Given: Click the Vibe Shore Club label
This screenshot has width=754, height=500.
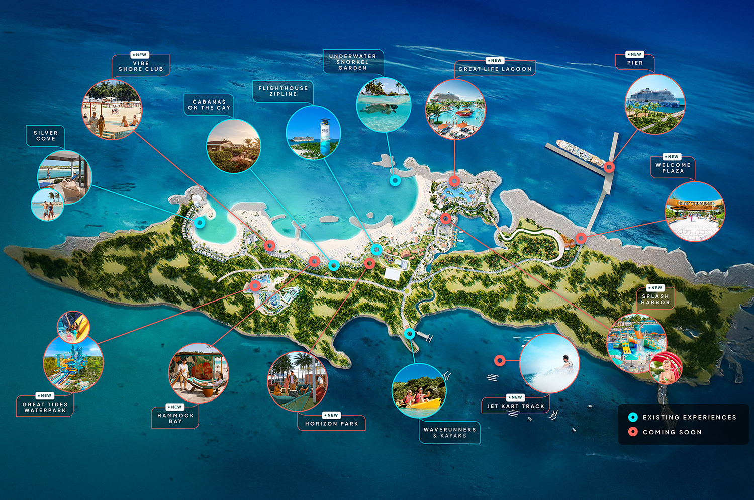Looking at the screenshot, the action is (x=141, y=66).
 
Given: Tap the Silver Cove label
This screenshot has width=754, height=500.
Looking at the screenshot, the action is (x=46, y=136).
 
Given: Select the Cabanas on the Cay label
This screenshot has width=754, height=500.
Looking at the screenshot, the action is (x=209, y=105).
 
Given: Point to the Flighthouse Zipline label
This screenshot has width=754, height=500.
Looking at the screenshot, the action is (x=283, y=91).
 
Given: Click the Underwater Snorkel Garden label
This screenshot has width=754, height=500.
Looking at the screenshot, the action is (x=352, y=62).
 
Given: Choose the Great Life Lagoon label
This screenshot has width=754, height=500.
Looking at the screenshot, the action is (x=495, y=69).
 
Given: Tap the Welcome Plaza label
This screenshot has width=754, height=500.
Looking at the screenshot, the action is (x=673, y=168).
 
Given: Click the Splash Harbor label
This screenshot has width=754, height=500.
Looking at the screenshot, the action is (x=655, y=299).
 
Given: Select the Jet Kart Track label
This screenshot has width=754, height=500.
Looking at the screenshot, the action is (x=516, y=406).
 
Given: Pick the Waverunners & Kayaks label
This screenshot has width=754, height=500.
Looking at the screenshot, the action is (x=449, y=433).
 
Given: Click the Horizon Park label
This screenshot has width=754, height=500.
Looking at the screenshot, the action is (x=332, y=424).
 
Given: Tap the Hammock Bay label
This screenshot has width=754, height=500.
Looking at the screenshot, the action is (x=175, y=418).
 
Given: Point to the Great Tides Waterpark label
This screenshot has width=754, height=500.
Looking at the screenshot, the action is (x=45, y=407).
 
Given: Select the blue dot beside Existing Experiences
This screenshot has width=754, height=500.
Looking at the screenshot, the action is (x=633, y=417).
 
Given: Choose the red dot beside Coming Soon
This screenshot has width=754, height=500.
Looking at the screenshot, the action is (x=633, y=432).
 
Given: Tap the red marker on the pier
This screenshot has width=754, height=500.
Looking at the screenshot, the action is (x=609, y=167).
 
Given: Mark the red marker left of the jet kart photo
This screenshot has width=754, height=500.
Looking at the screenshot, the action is (x=499, y=360).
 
